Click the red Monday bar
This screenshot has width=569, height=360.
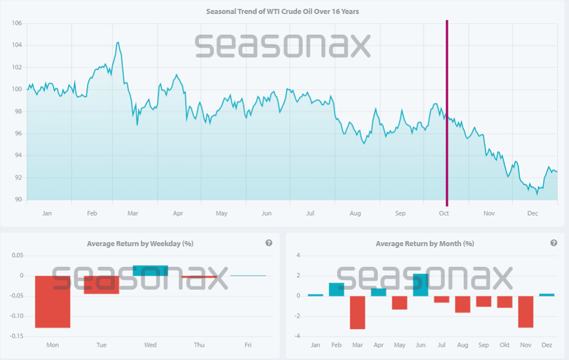pyautogui.click(x=52, y=301)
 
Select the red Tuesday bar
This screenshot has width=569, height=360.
pyautogui.click(x=101, y=285)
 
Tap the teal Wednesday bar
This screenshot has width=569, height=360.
pyautogui.click(x=150, y=271)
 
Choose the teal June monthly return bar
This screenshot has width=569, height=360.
pyautogui.click(x=420, y=285)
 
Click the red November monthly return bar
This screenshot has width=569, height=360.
pyautogui.click(x=526, y=312)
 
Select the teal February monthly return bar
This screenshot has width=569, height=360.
pyautogui.click(x=336, y=289)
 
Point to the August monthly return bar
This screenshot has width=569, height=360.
pyautogui.click(x=463, y=304)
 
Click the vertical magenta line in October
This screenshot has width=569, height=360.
pyautogui.click(x=447, y=114)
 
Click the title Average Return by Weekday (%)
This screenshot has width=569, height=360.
pyautogui.click(x=140, y=244)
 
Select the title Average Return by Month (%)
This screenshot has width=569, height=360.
pyautogui.click(x=425, y=244)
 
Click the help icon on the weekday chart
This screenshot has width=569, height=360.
pyautogui.click(x=269, y=243)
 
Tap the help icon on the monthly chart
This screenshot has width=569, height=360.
pyautogui.click(x=554, y=243)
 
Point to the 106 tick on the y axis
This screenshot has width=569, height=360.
pyautogui.click(x=16, y=23)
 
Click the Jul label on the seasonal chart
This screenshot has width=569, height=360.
pyautogui.click(x=310, y=214)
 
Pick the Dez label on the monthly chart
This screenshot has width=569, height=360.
pyautogui.click(x=547, y=345)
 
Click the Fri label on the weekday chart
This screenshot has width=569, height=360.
pyautogui.click(x=248, y=345)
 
